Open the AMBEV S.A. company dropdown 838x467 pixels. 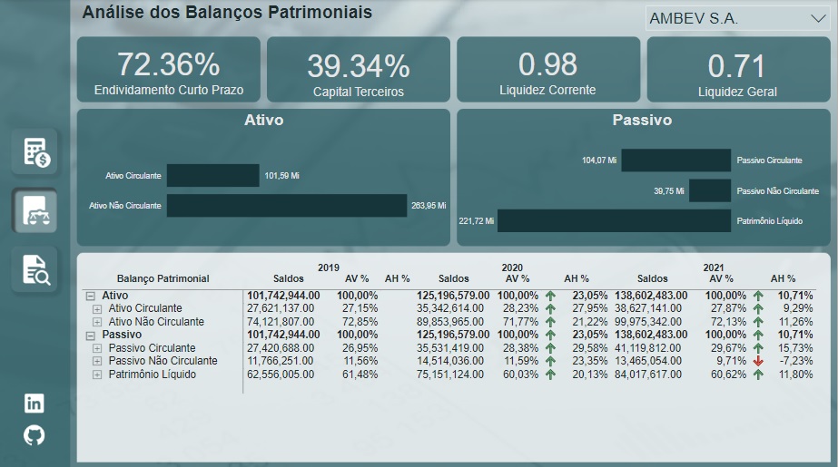click(x=736, y=18)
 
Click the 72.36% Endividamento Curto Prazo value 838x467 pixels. click(x=168, y=64)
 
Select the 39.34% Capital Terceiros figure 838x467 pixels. click(x=358, y=66)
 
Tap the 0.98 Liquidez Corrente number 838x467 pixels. click(x=547, y=64)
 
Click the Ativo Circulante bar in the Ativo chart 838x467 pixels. click(x=213, y=176)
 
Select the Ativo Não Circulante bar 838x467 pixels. click(x=287, y=206)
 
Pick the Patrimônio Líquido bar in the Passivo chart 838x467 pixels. click(x=614, y=220)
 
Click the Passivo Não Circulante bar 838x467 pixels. click(x=709, y=191)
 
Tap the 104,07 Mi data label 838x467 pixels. click(x=599, y=161)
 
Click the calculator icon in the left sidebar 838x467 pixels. click(x=35, y=151)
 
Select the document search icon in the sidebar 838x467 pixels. click(x=35, y=269)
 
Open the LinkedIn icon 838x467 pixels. click(x=34, y=404)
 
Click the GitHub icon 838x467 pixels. click(x=34, y=435)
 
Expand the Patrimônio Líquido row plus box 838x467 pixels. click(x=97, y=374)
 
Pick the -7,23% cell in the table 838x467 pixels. click(x=796, y=361)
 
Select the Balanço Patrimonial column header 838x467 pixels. click(x=163, y=278)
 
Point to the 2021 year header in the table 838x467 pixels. click(x=713, y=268)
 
